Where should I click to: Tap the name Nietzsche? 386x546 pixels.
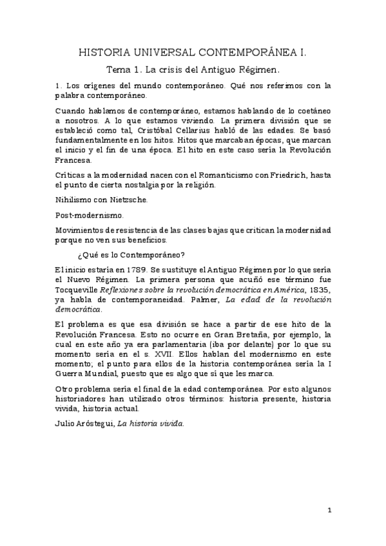(129, 200)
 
